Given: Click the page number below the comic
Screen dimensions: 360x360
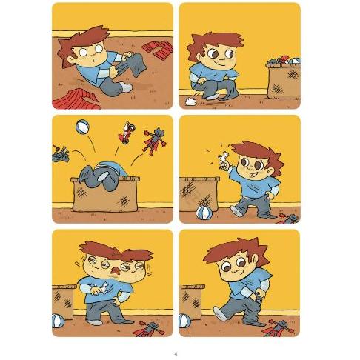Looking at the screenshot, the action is (176, 354).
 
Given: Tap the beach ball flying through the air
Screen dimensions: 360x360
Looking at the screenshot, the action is (82, 127).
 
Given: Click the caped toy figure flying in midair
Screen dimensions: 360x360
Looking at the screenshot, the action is (155, 141).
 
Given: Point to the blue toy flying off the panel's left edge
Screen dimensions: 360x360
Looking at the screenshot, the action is (60, 154).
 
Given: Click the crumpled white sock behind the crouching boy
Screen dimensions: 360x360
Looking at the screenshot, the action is (190, 101).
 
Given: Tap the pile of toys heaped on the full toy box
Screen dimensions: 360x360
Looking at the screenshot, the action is (284, 60).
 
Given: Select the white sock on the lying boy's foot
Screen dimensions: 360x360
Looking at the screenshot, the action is (126, 87).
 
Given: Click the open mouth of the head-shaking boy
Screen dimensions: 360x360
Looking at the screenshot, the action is (114, 271).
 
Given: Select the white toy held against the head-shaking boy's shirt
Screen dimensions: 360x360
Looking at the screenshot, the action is (101, 287).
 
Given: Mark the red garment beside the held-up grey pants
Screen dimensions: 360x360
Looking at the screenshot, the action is (158, 50).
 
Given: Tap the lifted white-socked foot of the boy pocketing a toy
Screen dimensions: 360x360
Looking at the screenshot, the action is (219, 313).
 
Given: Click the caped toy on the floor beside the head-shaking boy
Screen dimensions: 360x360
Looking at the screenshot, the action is (150, 329).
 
